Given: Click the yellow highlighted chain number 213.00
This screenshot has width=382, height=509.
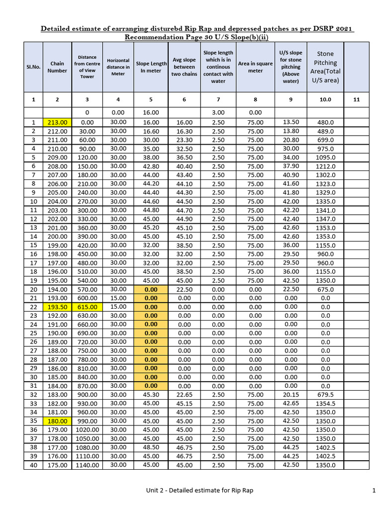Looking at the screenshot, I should [57, 122].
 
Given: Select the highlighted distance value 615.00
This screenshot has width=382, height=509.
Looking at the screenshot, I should [87, 307].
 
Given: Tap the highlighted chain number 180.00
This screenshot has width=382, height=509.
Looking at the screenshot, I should [57, 421].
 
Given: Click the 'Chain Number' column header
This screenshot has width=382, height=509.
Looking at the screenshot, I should [57, 67].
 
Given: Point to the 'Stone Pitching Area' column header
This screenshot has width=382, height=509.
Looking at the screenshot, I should [325, 67].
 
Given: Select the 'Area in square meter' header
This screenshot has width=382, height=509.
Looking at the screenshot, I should [255, 67].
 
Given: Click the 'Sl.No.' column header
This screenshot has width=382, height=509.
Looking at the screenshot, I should [33, 67].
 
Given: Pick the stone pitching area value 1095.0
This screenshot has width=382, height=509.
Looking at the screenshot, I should [325, 158].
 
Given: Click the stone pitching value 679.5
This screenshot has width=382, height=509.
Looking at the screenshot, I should [325, 395].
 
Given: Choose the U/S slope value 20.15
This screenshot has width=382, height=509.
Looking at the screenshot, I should [291, 394].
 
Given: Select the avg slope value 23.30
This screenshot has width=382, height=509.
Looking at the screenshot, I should [184, 140].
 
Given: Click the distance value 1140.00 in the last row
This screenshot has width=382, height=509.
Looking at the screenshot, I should [87, 465].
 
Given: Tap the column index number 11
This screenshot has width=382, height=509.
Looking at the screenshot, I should [356, 99].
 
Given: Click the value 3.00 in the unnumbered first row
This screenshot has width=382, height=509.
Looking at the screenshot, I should [218, 113].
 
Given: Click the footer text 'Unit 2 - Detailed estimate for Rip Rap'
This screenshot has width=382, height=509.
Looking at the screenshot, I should [199, 491].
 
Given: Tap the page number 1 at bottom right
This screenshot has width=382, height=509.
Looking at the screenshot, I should [374, 491].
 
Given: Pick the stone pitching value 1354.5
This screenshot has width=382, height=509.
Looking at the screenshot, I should [325, 404].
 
